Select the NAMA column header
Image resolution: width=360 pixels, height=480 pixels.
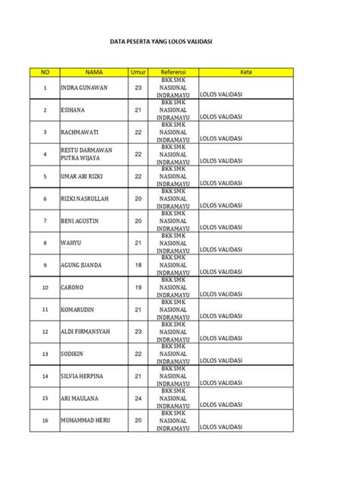click(93, 72)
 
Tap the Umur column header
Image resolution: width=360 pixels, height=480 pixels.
click(138, 72)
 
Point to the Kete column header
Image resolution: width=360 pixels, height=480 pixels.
click(245, 72)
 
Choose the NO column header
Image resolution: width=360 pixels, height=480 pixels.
click(45, 72)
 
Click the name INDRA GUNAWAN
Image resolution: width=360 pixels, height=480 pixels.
click(84, 88)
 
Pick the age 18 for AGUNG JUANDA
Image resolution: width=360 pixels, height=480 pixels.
click(138, 265)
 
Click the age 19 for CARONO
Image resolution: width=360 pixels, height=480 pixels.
click(138, 288)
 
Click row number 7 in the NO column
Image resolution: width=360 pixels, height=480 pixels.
click(45, 221)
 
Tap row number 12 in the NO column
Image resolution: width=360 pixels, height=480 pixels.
click(45, 332)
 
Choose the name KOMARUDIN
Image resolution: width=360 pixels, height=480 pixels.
click(80, 310)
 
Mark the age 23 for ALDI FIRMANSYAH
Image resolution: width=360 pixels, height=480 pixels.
click(138, 332)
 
